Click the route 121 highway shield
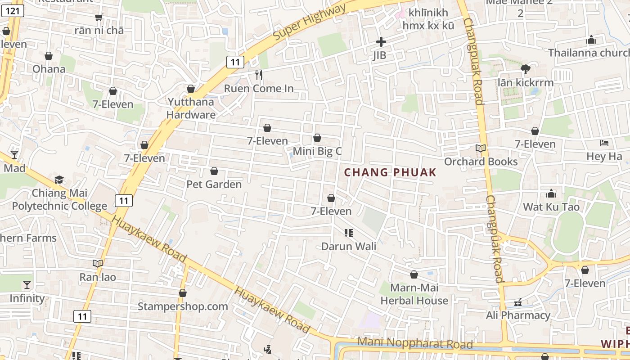(13, 10)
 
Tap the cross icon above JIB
(381, 42)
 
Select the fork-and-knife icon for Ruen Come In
(259, 75)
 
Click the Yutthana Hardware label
(191, 108)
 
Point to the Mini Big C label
(317, 151)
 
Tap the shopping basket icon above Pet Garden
(214, 171)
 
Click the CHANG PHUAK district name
(390, 172)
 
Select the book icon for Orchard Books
(481, 148)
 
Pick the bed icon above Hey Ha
(604, 143)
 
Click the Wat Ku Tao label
(551, 207)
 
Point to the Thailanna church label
(588, 53)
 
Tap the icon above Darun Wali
(348, 233)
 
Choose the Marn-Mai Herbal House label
(414, 294)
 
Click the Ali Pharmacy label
(518, 315)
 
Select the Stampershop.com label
(183, 306)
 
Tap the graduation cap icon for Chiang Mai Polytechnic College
(59, 180)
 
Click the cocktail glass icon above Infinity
(27, 285)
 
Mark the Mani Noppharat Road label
(415, 343)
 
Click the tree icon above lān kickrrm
(525, 69)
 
